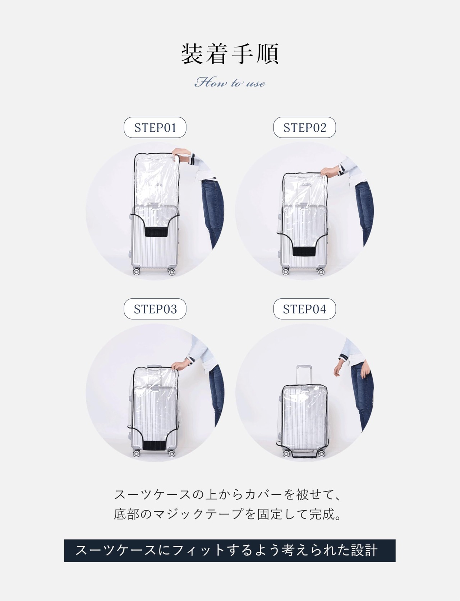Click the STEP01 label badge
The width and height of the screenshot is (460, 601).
(155, 127)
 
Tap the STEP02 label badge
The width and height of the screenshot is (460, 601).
(304, 127)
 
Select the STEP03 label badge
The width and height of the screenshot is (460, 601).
(155, 309)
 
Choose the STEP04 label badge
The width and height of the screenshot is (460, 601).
(304, 309)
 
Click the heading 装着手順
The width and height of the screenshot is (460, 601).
(230, 54)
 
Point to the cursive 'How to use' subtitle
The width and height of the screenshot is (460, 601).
(230, 83)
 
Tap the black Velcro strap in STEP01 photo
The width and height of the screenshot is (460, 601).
(156, 232)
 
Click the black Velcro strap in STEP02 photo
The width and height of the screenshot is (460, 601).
(304, 251)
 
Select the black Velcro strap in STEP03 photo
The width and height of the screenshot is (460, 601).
(154, 446)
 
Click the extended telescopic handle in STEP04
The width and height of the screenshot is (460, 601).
(303, 375)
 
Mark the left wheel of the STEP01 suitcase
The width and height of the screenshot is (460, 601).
(136, 271)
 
